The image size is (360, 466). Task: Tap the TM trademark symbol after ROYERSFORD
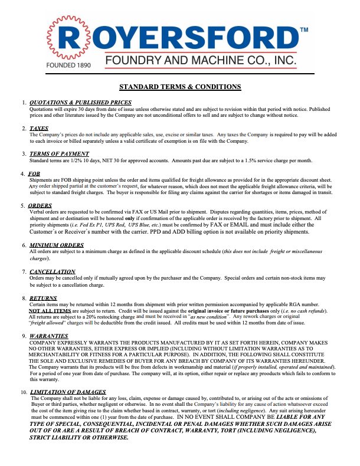[304, 29]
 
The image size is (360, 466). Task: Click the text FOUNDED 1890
[68, 64]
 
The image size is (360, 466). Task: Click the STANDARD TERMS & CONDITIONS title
[180, 87]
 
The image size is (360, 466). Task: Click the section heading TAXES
[39, 129]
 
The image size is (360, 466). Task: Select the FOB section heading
[34, 174]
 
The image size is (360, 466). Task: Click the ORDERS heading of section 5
[40, 206]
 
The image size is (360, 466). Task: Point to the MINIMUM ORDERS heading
[57, 245]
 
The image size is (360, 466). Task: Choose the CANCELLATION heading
[53, 271]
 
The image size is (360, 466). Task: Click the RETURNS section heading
[43, 298]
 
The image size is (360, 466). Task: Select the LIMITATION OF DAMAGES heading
[68, 392]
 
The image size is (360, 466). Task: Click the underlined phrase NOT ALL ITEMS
[50, 310]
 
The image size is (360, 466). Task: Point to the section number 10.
[23, 392]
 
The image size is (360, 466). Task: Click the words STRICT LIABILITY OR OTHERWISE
[78, 438]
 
